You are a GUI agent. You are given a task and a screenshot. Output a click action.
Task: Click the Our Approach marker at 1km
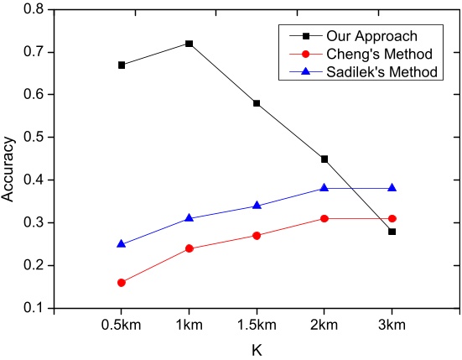189,44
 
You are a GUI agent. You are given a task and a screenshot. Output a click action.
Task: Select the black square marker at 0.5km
122,65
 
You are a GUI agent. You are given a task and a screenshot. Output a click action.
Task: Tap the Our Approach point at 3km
392,231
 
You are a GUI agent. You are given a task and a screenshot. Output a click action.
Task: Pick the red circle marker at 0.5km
122,282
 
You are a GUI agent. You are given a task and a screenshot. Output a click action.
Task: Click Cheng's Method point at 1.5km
257,235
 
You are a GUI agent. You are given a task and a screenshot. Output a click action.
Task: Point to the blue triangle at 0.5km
122,243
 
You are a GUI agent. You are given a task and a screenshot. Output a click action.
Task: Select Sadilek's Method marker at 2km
324,188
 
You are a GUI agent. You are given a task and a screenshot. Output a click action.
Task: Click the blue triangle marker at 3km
392,188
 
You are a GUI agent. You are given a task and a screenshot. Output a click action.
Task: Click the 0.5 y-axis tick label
34,138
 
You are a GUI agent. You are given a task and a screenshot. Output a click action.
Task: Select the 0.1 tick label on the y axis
34,309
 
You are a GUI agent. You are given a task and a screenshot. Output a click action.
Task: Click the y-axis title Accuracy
9,159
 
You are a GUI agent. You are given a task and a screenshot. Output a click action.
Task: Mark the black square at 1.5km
257,103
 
